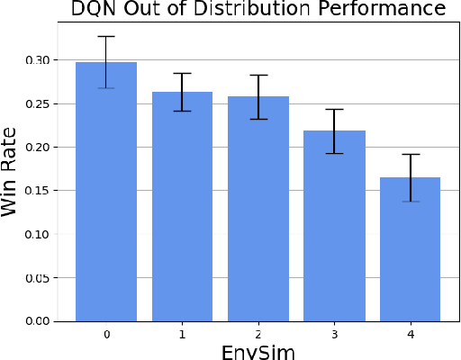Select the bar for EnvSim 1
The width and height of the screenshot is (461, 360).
[183, 206]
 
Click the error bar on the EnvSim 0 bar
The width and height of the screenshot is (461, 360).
[106, 62]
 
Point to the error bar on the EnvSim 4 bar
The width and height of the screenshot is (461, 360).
[411, 177]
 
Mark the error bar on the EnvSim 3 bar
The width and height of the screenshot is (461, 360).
[335, 130]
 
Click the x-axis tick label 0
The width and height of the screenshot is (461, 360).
[106, 334]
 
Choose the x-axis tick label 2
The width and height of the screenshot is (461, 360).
[258, 334]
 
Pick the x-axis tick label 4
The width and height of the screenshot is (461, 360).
[411, 334]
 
